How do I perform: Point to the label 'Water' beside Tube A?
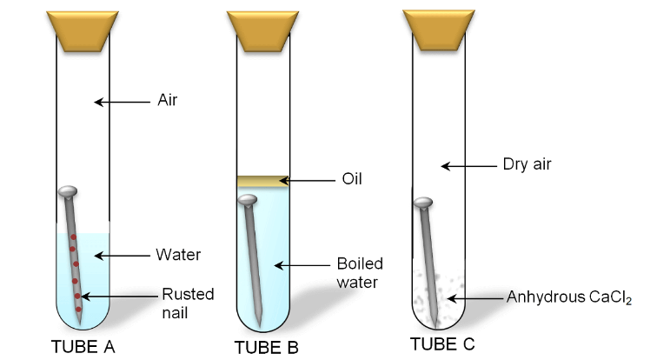(x=178, y=255)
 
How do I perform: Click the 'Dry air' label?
(x=527, y=163)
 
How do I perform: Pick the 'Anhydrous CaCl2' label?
(x=568, y=298)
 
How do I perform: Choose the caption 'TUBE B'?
(x=266, y=347)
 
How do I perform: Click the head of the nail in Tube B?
(x=248, y=201)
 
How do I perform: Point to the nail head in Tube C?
(x=422, y=203)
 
